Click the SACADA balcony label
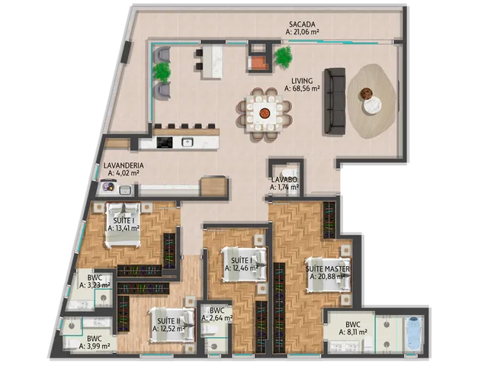point(302,24)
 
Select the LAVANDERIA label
point(124,165)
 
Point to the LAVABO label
point(284,180)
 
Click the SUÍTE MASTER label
point(328,269)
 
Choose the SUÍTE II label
point(169,321)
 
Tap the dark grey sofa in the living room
point(335,101)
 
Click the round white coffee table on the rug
point(373,105)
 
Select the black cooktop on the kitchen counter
point(165,143)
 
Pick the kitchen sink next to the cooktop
point(188,143)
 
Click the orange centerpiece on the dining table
point(265,112)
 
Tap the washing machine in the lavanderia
point(108,187)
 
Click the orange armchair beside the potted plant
point(258,63)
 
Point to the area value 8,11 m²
point(353,332)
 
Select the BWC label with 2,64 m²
point(217,310)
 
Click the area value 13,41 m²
point(124,228)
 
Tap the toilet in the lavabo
point(286,174)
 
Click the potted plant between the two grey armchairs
point(162,71)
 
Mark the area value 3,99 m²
point(95,345)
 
